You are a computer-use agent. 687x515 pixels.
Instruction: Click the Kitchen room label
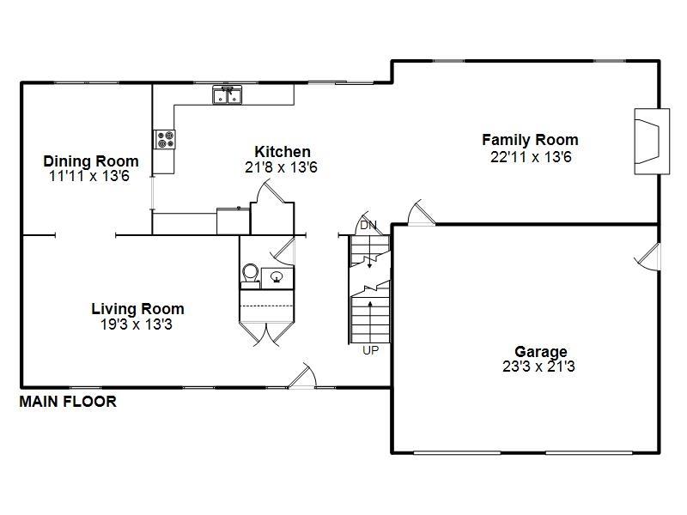tap(283, 152)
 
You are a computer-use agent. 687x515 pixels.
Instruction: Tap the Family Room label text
tap(529, 139)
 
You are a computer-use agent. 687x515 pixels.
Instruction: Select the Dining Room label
tap(91, 161)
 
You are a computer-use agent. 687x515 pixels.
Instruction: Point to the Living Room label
tap(137, 309)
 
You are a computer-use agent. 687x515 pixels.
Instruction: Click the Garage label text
tap(540, 351)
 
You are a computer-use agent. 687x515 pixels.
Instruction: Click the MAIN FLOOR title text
tap(68, 401)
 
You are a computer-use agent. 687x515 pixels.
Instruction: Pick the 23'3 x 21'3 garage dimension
tap(540, 367)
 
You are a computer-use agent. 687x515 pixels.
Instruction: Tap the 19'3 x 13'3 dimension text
tap(137, 324)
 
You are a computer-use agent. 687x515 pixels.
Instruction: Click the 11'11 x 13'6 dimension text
tap(91, 176)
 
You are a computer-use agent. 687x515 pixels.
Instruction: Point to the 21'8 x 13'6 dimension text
tap(282, 168)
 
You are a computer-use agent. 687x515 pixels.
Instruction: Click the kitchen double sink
tap(228, 95)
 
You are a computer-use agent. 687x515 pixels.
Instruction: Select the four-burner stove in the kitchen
tap(164, 138)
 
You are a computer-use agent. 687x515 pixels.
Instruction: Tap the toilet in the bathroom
tap(251, 274)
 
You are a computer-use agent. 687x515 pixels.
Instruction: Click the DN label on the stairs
tap(368, 225)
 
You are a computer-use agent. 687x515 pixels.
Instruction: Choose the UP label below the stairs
tap(370, 350)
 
